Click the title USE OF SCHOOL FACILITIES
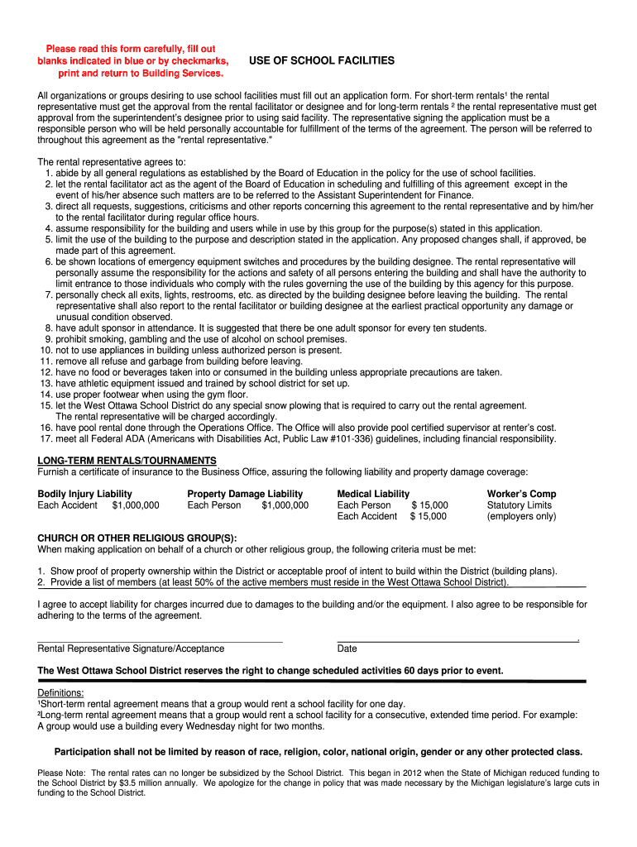(x=322, y=61)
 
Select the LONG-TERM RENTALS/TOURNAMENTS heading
(x=127, y=461)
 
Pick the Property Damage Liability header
(x=245, y=494)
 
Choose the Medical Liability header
(x=373, y=494)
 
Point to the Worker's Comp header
(x=521, y=494)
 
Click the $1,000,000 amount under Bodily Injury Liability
(x=136, y=505)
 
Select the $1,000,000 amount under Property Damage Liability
(x=285, y=505)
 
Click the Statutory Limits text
(x=519, y=505)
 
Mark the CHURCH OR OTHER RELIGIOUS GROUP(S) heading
(x=136, y=538)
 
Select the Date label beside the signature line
(x=347, y=649)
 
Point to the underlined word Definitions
(x=60, y=693)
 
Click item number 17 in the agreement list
(x=298, y=439)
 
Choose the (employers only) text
(x=521, y=517)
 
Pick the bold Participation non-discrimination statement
(x=318, y=752)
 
